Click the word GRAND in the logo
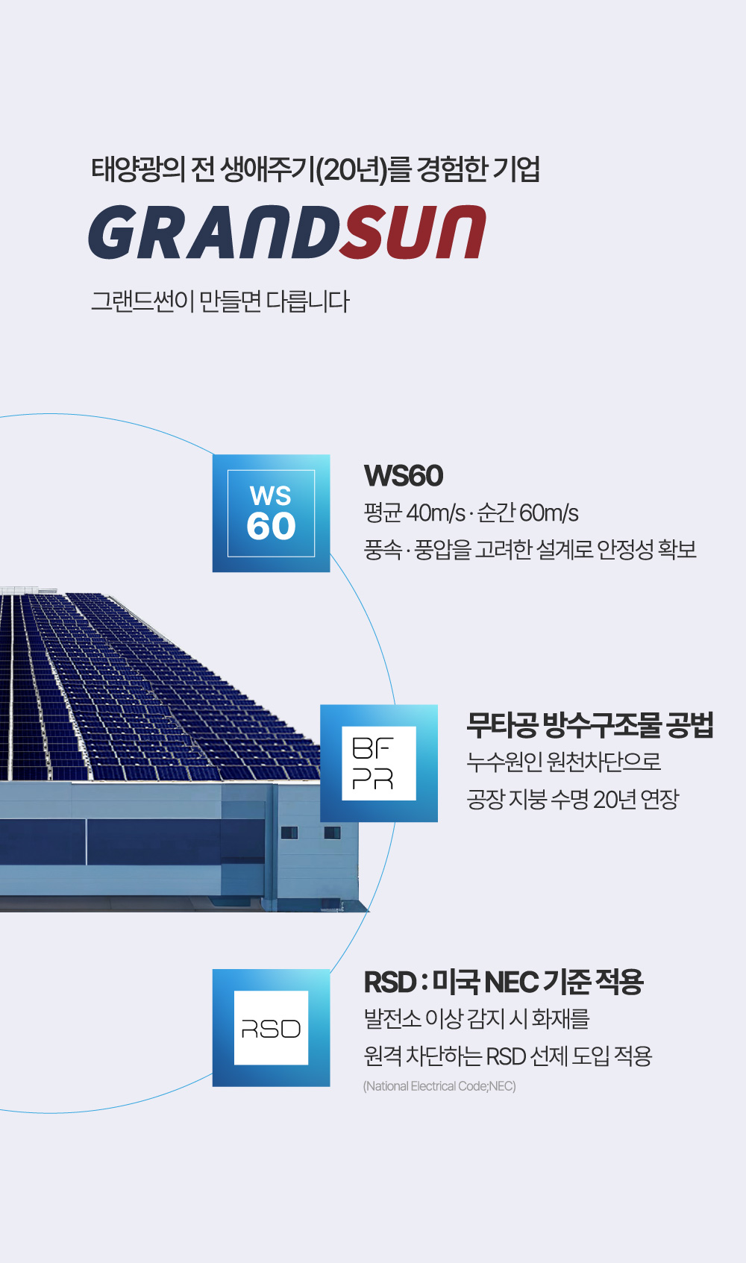click(x=215, y=232)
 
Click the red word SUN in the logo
click(x=413, y=232)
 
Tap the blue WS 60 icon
click(x=272, y=513)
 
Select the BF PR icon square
click(x=379, y=763)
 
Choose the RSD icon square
click(x=272, y=1027)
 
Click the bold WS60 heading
click(x=404, y=476)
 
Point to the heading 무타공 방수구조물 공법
click(x=590, y=726)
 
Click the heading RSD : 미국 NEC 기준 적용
click(x=504, y=982)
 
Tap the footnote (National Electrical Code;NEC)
click(x=440, y=1086)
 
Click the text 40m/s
click(x=436, y=513)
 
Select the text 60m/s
click(x=548, y=513)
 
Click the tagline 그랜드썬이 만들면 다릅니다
click(x=221, y=301)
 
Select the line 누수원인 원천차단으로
click(x=564, y=762)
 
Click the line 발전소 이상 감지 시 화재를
click(x=477, y=1019)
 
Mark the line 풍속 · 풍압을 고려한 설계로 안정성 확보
click(x=530, y=550)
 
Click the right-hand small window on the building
click(x=332, y=833)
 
